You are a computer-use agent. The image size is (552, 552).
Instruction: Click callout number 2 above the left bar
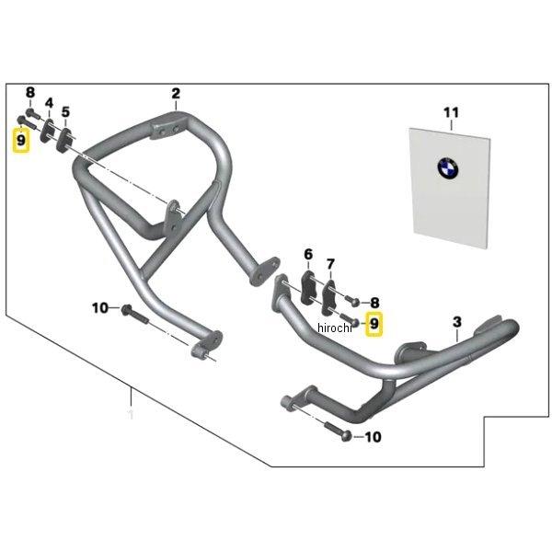coord(175,93)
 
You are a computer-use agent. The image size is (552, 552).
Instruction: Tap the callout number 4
coord(49,103)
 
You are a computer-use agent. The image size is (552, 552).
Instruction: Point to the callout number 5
coord(65,112)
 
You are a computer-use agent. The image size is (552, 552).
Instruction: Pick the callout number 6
coord(308,253)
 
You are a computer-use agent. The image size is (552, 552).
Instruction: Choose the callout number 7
coord(330,263)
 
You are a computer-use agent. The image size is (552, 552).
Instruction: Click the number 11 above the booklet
coord(450,112)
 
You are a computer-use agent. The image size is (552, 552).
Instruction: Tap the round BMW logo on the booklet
coord(448,168)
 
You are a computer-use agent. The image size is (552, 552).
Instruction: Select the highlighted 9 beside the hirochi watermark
coord(374,324)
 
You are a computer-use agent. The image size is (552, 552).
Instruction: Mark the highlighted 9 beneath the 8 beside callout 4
coord(19,140)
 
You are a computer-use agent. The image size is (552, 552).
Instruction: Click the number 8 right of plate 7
coord(374,302)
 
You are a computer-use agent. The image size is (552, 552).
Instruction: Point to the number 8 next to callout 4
coord(29,93)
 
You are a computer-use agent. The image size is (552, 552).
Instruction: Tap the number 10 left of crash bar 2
coord(100,307)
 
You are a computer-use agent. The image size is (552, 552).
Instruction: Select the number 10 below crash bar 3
coord(373,438)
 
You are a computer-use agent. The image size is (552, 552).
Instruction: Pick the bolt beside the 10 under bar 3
coord(339,433)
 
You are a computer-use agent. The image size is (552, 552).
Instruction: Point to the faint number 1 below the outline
coord(131,416)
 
